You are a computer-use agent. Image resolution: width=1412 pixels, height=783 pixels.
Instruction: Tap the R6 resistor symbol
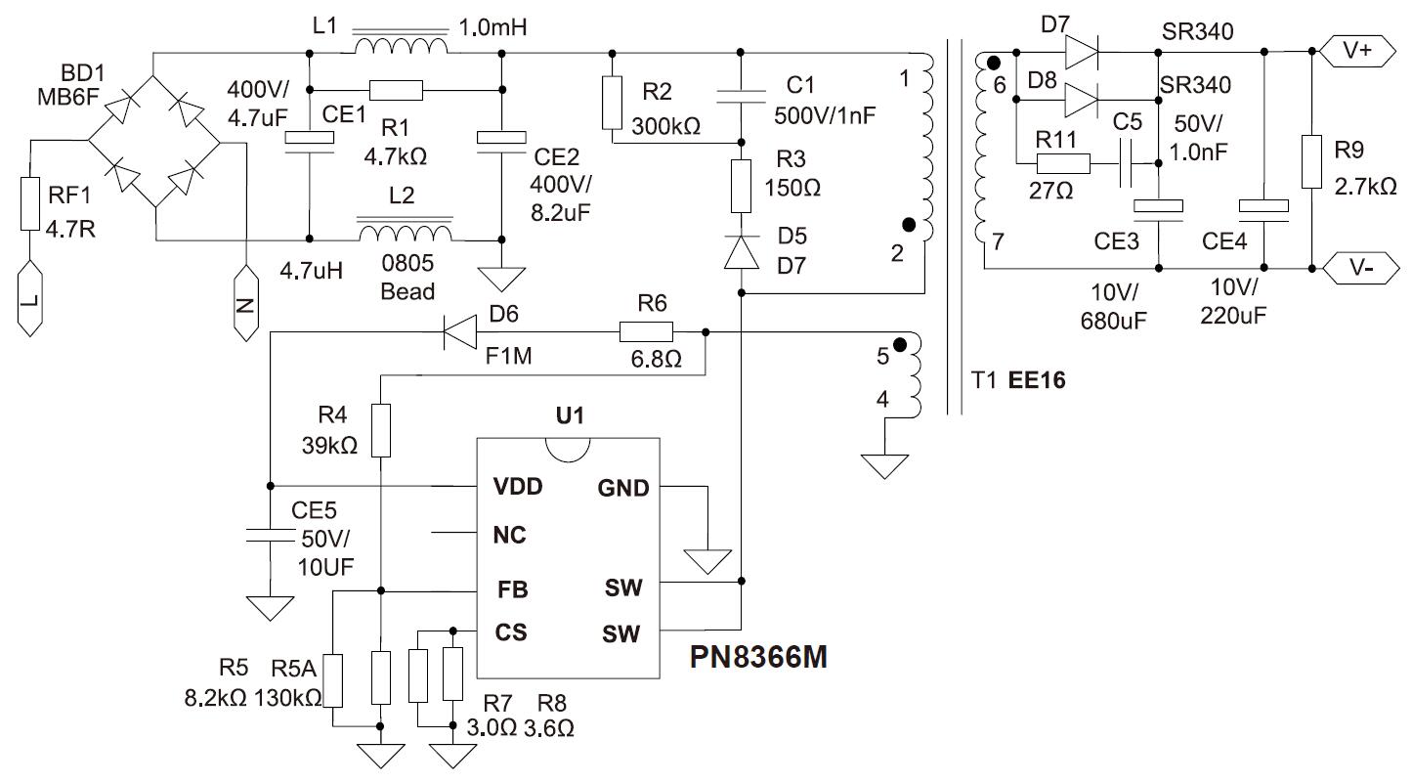coord(647,332)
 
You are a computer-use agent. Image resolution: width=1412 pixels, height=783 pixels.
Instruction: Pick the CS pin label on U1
coord(511,632)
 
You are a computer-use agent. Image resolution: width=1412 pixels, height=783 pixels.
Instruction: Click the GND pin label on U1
coord(622,487)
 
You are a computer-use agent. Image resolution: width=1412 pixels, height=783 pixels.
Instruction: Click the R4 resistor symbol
coord(381,430)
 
